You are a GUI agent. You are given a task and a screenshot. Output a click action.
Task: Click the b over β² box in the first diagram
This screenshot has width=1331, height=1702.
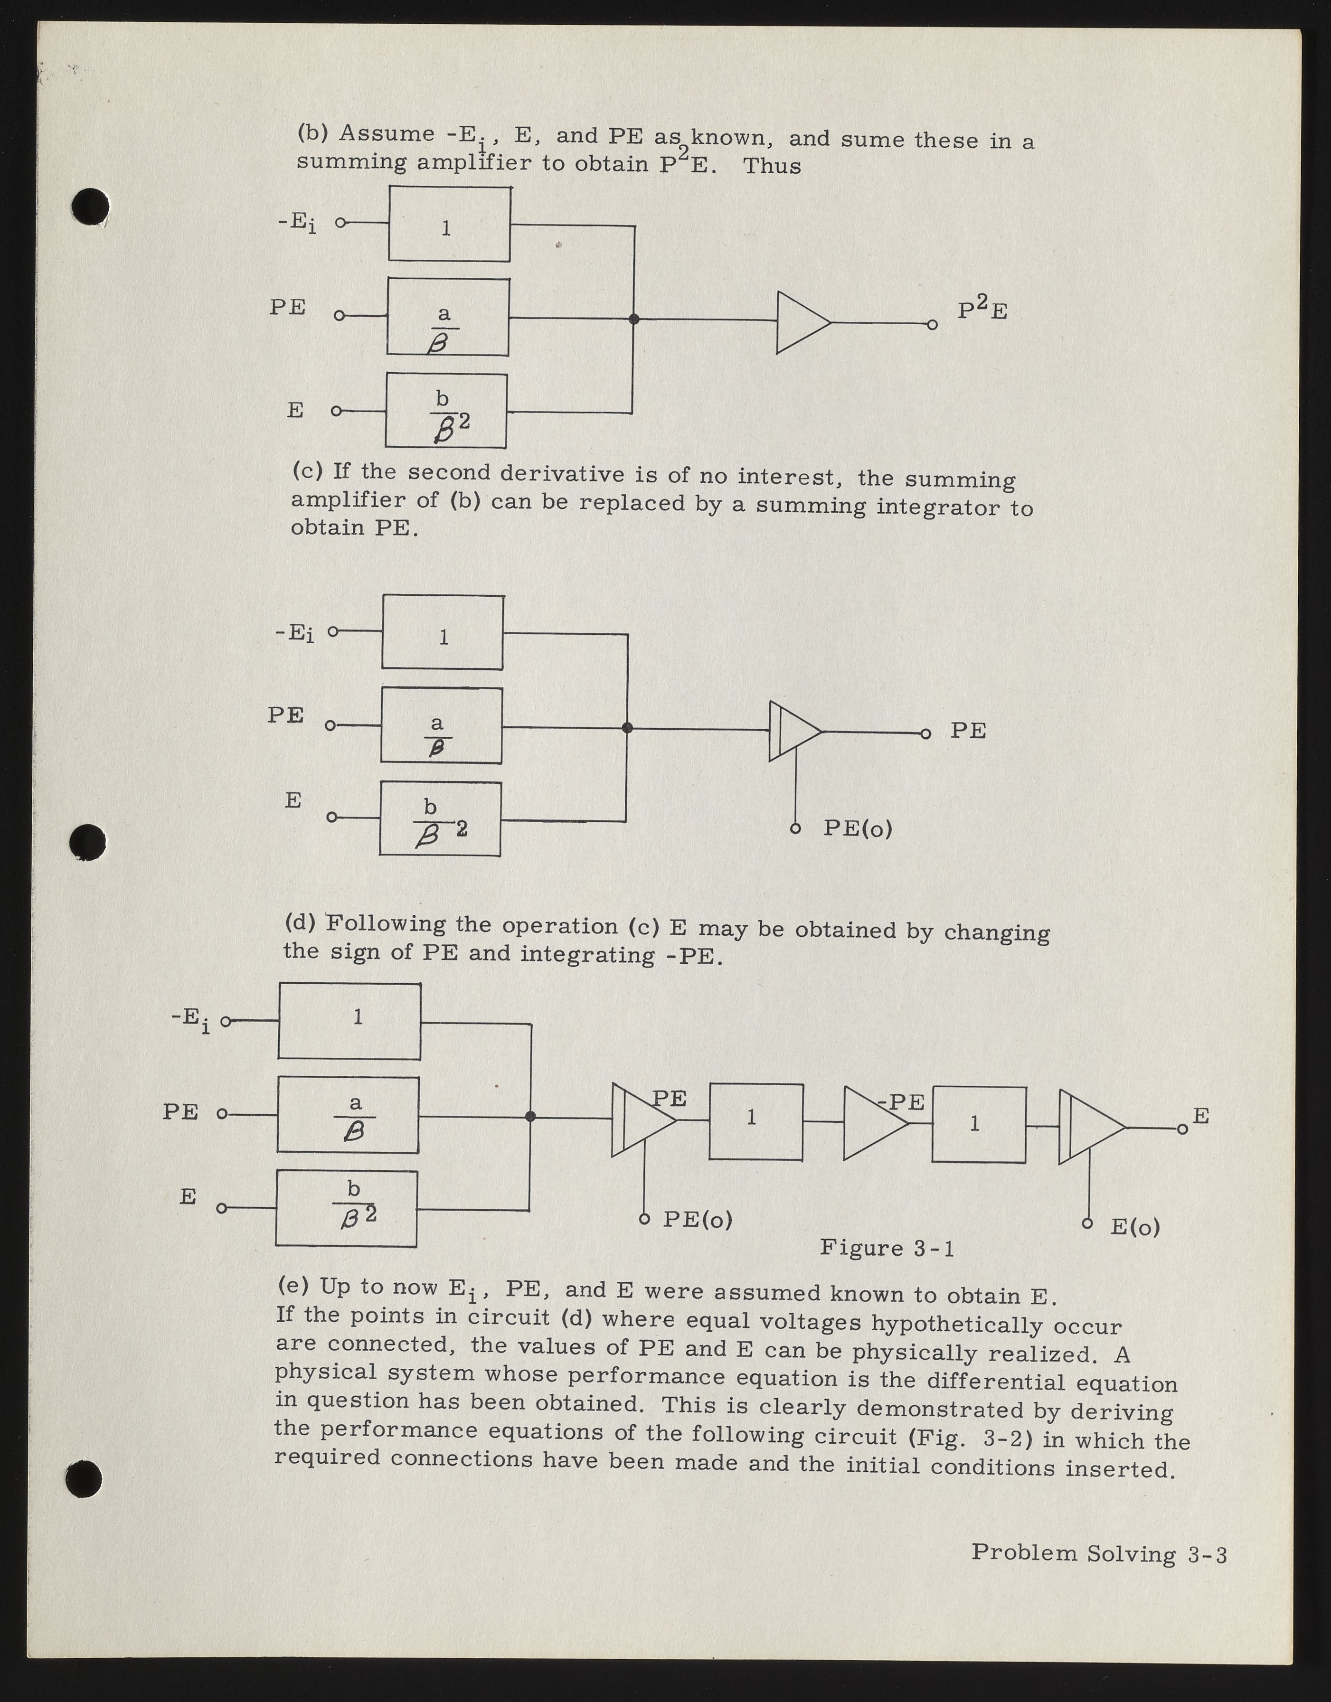446,411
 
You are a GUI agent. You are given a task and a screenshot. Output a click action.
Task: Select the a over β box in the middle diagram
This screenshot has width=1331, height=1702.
441,725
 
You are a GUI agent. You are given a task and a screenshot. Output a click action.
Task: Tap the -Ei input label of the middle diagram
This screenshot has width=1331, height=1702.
294,633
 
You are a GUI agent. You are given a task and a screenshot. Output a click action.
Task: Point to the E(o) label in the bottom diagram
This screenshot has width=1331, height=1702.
1134,1227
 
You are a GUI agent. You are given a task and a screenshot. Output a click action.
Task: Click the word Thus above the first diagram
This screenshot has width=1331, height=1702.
772,166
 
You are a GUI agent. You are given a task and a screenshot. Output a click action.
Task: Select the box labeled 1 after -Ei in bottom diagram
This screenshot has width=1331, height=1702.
349,1021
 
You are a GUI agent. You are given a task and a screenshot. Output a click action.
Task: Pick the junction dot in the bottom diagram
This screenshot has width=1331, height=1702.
531,1117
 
